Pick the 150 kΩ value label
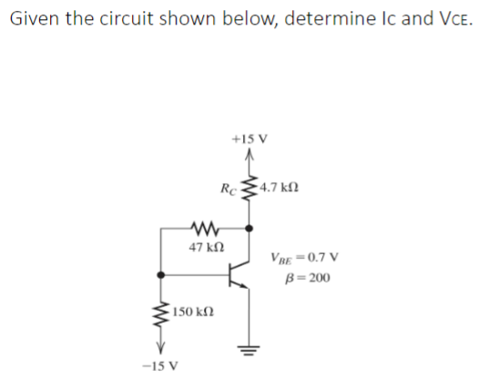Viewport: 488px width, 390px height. [192, 313]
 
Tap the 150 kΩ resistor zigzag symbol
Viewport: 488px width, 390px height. [161, 313]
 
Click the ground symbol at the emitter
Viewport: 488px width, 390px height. [246, 351]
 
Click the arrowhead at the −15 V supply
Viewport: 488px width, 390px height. [161, 348]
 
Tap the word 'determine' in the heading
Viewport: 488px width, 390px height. [329, 20]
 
